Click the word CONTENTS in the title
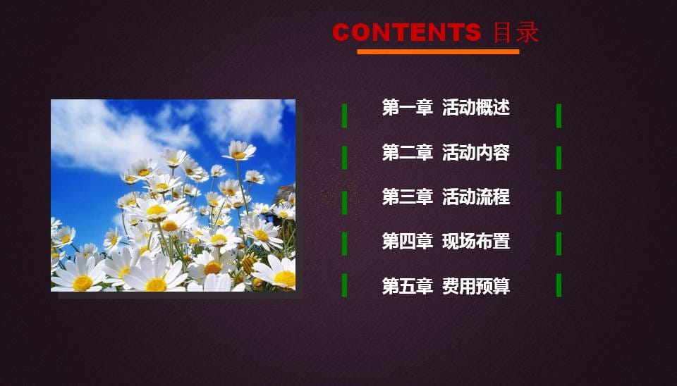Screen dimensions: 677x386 (406, 32)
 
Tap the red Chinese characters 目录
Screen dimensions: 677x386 (516, 32)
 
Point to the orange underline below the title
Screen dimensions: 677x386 (438, 51)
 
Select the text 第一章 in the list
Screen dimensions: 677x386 (407, 107)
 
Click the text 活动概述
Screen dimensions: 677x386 (476, 107)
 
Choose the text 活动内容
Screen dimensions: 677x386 (476, 153)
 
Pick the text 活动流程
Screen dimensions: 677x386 (476, 197)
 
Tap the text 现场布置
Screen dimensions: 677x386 (476, 242)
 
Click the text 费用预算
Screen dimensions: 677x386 (476, 287)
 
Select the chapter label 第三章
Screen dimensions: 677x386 (407, 197)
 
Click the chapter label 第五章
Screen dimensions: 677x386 (407, 287)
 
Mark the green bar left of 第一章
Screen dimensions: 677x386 (344, 116)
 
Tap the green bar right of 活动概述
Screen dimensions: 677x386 (559, 116)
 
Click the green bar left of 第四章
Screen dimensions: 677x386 (344, 244)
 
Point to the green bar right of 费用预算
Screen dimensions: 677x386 (559, 285)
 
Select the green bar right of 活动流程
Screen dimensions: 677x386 (559, 203)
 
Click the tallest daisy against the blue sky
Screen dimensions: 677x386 (239, 150)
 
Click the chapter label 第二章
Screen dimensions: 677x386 (407, 153)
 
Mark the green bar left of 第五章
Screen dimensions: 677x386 (344, 285)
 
